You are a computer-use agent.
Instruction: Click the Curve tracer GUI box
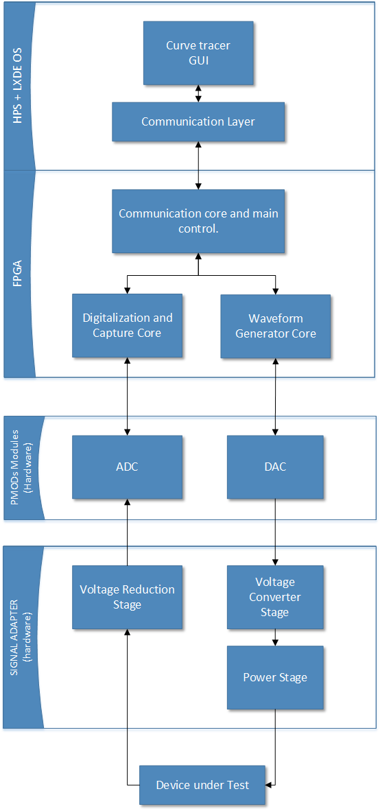(198, 53)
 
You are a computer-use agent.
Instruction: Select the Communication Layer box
(198, 121)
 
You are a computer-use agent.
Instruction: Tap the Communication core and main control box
(198, 221)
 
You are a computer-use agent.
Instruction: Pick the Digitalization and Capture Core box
(127, 325)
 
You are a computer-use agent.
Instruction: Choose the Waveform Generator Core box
(275, 326)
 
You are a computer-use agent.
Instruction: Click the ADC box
(127, 467)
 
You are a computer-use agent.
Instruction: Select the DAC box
(275, 467)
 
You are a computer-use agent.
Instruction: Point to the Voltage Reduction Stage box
(127, 597)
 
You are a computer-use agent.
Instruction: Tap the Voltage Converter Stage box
(275, 597)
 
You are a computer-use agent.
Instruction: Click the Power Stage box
(275, 677)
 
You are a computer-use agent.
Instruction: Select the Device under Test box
(202, 785)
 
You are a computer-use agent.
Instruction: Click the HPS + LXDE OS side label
(18, 86)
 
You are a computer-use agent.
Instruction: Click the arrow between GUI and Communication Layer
(198, 93)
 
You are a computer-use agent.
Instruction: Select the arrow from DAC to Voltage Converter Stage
(275, 532)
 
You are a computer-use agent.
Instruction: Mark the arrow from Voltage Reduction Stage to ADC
(127, 532)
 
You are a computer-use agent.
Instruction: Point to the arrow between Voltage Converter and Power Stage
(275, 637)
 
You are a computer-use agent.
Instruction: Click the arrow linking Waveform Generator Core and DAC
(275, 397)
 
